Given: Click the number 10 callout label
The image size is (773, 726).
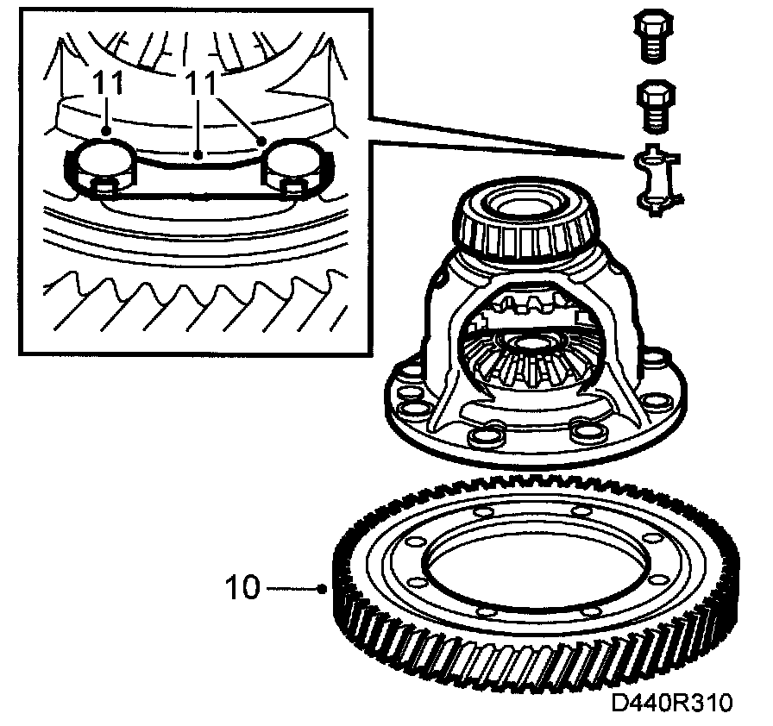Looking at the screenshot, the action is (242, 588).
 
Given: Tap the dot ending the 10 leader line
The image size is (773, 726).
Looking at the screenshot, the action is (322, 590).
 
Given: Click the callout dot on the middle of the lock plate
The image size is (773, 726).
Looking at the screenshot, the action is (199, 156).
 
